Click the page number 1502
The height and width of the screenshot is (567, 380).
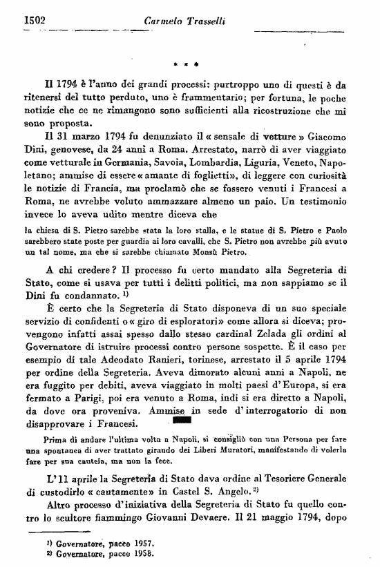[x=25, y=21]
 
